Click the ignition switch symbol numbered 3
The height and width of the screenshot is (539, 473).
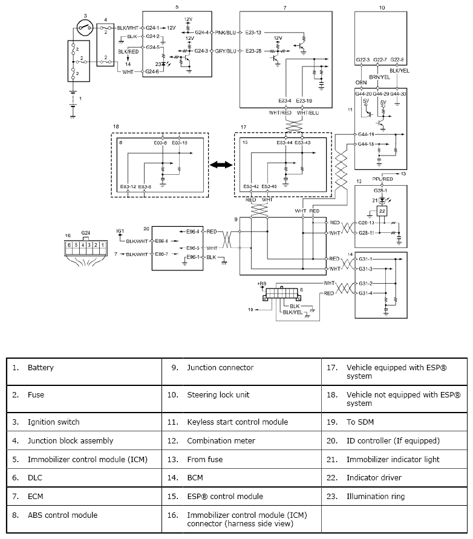click(x=85, y=27)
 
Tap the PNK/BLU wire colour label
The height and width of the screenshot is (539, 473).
click(x=226, y=33)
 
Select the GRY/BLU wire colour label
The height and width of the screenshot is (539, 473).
click(x=226, y=51)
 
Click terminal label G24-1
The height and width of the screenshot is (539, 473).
click(x=152, y=28)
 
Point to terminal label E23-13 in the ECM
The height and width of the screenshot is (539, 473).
click(x=253, y=33)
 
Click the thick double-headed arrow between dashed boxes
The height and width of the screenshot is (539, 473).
click(x=221, y=165)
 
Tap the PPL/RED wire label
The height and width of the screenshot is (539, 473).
click(x=382, y=179)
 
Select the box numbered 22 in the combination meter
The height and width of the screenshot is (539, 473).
click(x=382, y=211)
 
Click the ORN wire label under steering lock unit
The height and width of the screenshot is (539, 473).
click(x=361, y=82)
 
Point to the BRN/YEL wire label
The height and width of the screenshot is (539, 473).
click(x=379, y=77)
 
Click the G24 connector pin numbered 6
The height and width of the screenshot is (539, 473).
click(x=69, y=245)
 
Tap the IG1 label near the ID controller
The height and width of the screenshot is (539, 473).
click(x=120, y=231)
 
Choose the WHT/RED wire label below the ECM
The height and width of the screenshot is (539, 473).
click(x=280, y=113)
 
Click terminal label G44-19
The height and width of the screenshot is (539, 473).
click(x=366, y=134)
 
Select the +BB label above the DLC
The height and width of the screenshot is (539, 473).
click(x=262, y=284)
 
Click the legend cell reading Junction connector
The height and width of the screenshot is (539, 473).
click(x=220, y=367)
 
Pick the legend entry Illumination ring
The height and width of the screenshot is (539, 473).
click(x=376, y=497)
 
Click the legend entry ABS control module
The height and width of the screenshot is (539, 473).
click(x=62, y=515)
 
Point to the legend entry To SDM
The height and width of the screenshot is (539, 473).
click(x=360, y=422)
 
